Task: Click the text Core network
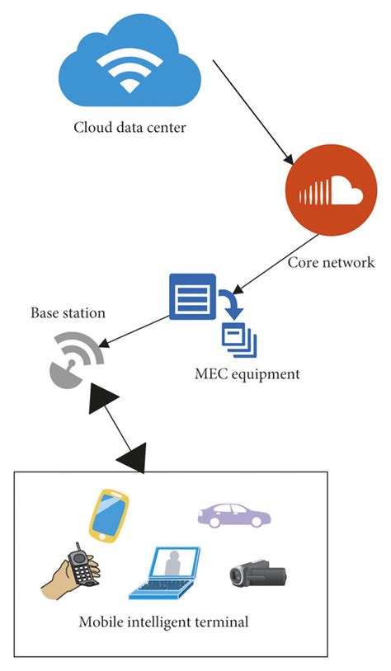331,263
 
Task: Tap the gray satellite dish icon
73,359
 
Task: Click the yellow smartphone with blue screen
109,515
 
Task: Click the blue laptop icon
165,572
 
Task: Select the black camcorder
257,575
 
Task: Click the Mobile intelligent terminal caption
163,622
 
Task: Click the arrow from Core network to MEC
276,262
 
